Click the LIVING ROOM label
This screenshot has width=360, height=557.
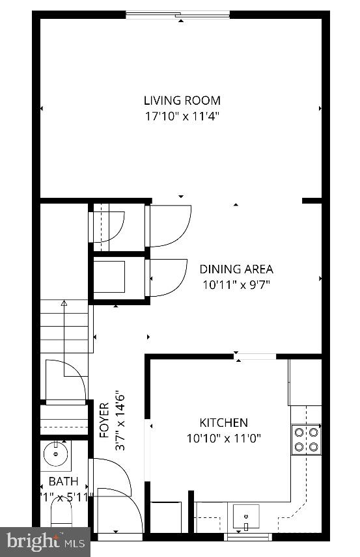[x=182, y=100]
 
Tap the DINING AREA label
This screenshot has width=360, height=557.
[x=236, y=269]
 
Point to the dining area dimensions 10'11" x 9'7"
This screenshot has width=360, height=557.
[x=236, y=284]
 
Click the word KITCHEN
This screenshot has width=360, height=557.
[x=223, y=422]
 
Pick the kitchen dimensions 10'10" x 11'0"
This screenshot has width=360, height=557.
[x=223, y=438]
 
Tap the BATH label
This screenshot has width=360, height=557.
[x=63, y=482]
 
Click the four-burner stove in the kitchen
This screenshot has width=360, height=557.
[x=306, y=438]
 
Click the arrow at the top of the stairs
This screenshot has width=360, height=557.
[x=64, y=303]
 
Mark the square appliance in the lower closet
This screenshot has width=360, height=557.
[x=111, y=275]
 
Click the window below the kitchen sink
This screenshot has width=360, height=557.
[x=247, y=537]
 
